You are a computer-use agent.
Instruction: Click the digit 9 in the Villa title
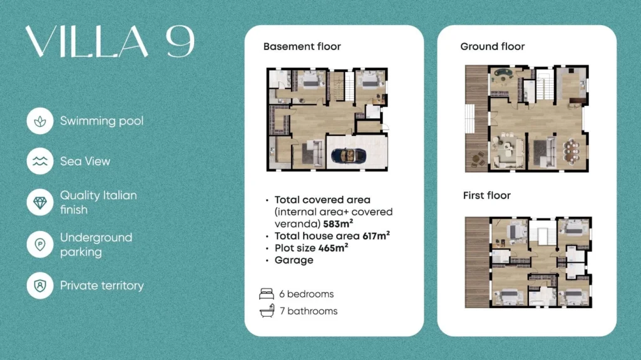click(x=180, y=42)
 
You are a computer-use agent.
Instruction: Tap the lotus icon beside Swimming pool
click(x=40, y=121)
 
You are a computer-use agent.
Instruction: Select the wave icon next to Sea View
click(x=40, y=161)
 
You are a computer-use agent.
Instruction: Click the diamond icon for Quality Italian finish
click(x=40, y=202)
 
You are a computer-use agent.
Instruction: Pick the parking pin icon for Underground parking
click(x=40, y=245)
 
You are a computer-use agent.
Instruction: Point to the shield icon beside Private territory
click(x=40, y=285)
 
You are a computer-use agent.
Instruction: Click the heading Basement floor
click(x=302, y=46)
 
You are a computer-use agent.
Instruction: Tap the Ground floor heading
click(x=493, y=46)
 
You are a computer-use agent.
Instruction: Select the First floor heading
click(x=487, y=195)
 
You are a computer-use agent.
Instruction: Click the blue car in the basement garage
click(x=348, y=155)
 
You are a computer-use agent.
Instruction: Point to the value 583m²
click(x=338, y=224)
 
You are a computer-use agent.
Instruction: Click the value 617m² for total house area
click(x=376, y=235)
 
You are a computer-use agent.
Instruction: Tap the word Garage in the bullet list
click(x=294, y=260)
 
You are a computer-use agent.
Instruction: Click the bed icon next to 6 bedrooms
click(x=267, y=294)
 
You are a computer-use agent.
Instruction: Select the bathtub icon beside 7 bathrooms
click(x=267, y=311)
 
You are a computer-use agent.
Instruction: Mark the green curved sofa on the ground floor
click(x=504, y=73)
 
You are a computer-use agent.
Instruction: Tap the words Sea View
click(x=85, y=161)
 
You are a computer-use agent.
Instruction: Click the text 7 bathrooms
click(x=309, y=311)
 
